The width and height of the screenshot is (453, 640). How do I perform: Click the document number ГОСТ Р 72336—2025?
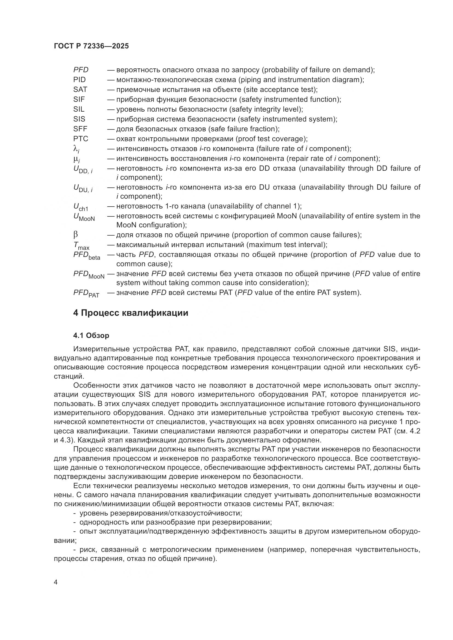click(x=91, y=46)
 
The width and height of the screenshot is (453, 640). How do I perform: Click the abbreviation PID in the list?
click(x=79, y=80)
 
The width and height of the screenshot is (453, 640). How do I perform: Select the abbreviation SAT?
click(x=80, y=89)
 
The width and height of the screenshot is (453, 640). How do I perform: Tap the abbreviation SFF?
click(x=80, y=129)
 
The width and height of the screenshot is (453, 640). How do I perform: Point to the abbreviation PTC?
click(x=81, y=139)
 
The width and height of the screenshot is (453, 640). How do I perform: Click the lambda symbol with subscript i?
click(x=76, y=149)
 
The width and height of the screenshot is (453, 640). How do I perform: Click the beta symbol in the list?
click(x=76, y=235)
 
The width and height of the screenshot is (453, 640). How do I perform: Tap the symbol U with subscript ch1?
click(x=81, y=207)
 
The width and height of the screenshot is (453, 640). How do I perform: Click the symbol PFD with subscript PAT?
click(x=86, y=293)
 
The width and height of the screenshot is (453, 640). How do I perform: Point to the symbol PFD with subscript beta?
click(x=87, y=256)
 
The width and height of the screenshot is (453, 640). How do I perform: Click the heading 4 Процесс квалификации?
click(x=131, y=313)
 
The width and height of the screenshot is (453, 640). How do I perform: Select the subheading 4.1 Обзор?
click(x=91, y=336)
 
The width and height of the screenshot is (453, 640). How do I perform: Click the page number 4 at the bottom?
click(x=56, y=583)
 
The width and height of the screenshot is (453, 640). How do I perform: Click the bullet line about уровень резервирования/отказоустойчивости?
click(x=160, y=513)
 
